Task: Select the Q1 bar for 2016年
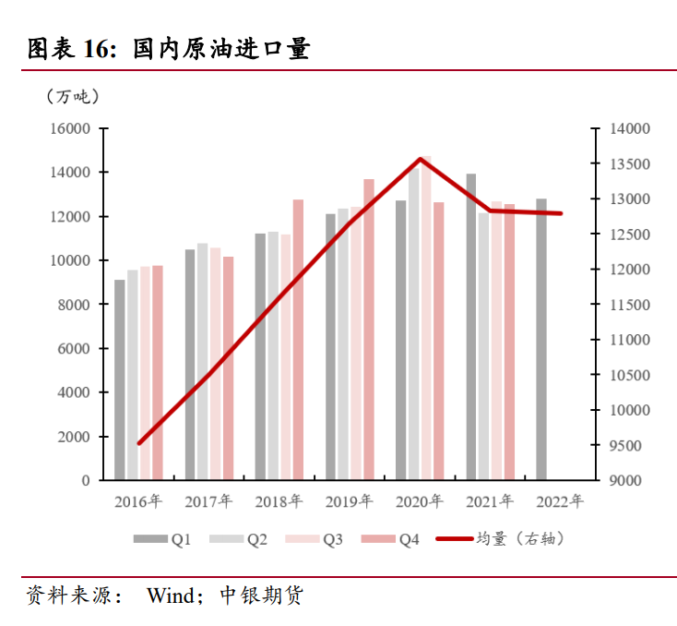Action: [x=120, y=379]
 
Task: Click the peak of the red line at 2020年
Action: [x=421, y=159]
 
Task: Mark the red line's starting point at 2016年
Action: [x=139, y=443]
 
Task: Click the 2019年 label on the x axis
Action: [x=349, y=502]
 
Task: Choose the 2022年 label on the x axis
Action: [x=560, y=502]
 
